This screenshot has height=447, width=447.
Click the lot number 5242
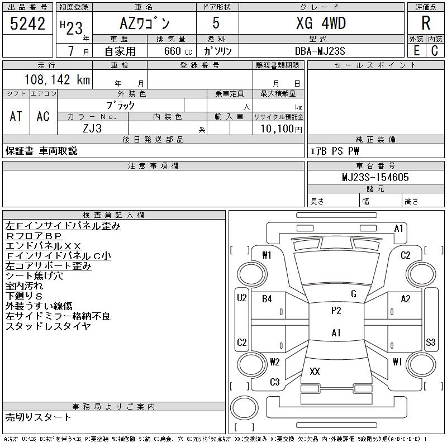27,23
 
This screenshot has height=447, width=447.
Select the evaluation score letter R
426,23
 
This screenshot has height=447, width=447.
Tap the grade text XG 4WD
321,23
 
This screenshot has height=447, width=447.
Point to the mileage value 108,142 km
57,79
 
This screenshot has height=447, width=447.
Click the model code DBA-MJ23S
320,51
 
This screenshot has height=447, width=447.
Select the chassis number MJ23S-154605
375,177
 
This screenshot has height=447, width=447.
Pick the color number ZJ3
92,129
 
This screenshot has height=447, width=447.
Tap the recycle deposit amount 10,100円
282,129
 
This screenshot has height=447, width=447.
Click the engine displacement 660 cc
178,51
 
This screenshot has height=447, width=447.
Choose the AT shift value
16,116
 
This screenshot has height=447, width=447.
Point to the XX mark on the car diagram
315,371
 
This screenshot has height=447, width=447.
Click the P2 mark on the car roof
336,311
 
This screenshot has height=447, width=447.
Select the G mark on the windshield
354,294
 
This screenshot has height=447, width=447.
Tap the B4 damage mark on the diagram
267,299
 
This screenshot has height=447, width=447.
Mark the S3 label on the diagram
430,342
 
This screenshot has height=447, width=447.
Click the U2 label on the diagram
242,298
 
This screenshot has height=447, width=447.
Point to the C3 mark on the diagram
275,382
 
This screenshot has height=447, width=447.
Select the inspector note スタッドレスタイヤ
48,326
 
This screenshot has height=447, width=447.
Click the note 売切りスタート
38,417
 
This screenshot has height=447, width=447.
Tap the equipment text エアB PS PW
334,151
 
